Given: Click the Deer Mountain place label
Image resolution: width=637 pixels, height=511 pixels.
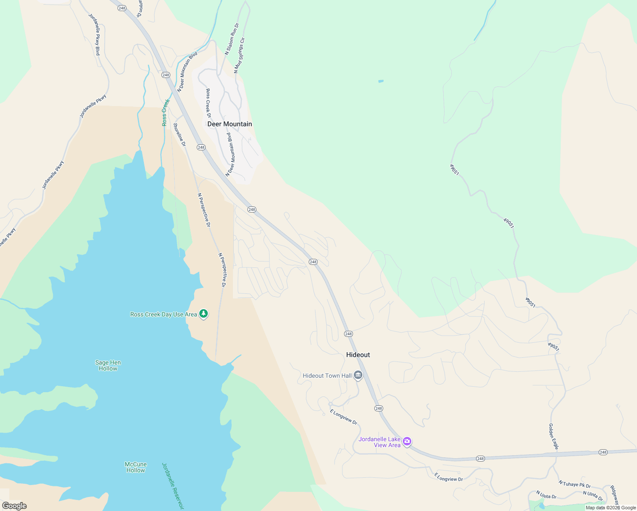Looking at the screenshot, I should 230,124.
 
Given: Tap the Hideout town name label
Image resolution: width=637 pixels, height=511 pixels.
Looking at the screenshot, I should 358,355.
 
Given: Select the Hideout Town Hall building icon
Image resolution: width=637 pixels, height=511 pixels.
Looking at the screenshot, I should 358,376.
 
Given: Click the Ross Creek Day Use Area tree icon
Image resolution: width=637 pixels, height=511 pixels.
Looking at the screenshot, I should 204,314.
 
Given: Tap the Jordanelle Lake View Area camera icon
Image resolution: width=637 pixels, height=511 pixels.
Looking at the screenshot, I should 407,442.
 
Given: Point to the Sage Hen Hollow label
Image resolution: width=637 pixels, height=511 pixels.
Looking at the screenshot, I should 108,365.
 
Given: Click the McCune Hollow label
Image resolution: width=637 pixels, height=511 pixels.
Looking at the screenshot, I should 135,467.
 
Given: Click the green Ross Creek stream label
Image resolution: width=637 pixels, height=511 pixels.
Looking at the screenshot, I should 165,113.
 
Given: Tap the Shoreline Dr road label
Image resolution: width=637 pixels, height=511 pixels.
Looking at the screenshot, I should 179,135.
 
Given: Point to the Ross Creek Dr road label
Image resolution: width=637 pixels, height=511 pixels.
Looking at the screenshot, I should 208,103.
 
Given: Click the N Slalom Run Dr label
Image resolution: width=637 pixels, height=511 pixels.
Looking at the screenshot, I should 232,39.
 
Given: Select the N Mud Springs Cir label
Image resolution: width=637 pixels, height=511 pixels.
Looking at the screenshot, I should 239,55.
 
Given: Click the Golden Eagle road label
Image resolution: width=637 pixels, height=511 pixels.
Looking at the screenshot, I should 553,436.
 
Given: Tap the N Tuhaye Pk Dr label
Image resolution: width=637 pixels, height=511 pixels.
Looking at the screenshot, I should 575,484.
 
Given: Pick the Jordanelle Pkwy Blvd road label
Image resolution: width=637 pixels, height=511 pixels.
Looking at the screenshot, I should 95,34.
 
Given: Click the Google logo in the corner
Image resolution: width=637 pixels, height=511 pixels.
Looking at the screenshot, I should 14,506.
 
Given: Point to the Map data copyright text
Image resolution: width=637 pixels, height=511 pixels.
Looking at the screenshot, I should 611,508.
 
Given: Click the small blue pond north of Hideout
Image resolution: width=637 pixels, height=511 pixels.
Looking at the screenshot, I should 381,81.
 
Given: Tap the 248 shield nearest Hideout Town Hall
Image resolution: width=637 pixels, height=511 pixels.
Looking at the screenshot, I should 379,408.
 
